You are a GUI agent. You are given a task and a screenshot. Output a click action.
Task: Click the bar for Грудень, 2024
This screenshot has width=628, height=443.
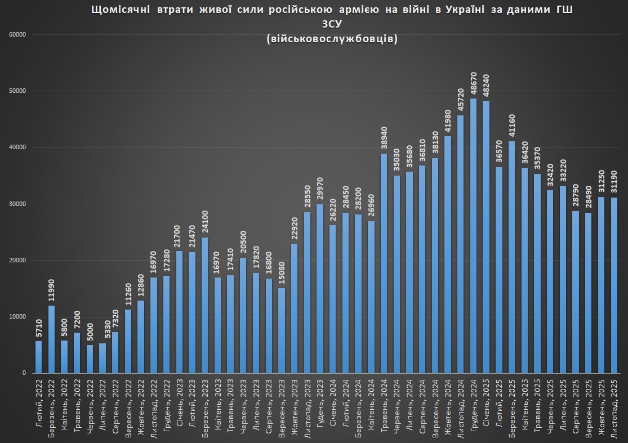tap(473, 236)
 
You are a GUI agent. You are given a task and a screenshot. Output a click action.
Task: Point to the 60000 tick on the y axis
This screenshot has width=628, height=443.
tap(18, 35)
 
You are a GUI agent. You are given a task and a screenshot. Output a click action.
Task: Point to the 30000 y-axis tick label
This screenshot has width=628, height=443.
tap(18, 204)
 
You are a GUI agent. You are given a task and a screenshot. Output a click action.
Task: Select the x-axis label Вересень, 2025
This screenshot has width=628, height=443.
tap(588, 405)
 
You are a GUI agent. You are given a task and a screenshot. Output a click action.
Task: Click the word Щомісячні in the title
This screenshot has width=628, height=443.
tap(117, 11)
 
